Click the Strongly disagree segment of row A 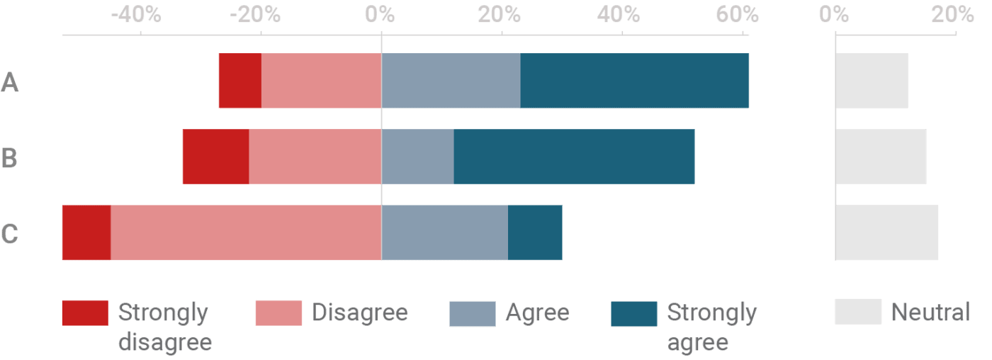(x=239, y=81)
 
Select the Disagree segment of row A (x=321, y=81)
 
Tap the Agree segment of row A (x=451, y=81)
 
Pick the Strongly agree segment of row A (x=634, y=81)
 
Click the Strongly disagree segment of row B (x=215, y=157)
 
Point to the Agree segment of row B (x=417, y=157)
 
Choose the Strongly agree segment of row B (x=574, y=157)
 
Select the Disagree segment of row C (x=246, y=232)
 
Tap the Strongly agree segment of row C (x=535, y=232)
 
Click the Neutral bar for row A (x=872, y=81)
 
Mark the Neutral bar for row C (x=886, y=232)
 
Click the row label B (x=9, y=157)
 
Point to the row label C (x=9, y=233)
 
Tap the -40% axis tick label (x=137, y=13)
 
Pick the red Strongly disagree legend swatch (x=85, y=313)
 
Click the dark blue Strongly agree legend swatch (x=633, y=313)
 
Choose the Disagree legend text (x=360, y=313)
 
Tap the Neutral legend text (x=930, y=313)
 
